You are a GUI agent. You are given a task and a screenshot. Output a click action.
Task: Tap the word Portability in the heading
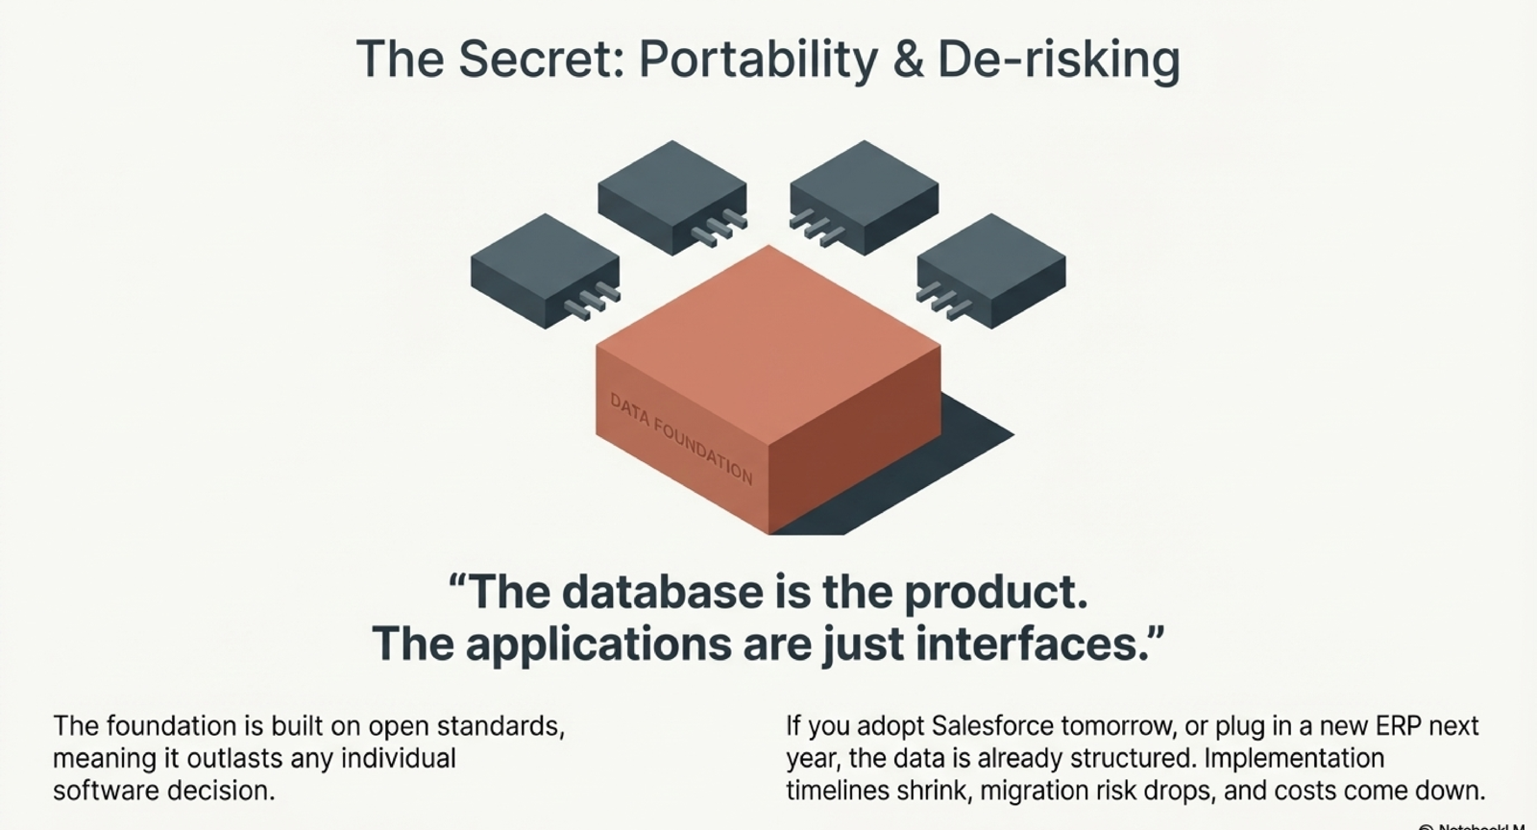tap(757, 59)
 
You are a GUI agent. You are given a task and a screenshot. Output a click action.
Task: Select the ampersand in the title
tap(907, 59)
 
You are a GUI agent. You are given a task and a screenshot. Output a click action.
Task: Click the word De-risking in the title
tap(1058, 59)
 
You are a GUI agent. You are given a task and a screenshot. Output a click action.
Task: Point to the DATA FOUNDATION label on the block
tap(681, 438)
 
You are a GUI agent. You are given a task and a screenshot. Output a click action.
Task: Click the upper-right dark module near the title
tap(865, 187)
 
